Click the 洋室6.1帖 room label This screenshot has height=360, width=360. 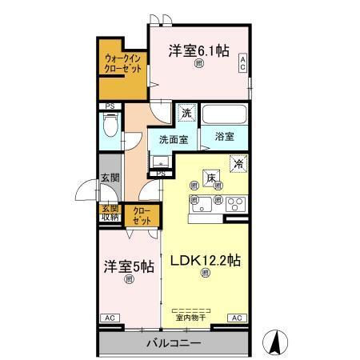(x=198, y=50)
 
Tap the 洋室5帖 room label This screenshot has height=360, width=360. (x=127, y=267)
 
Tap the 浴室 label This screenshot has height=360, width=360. (x=225, y=138)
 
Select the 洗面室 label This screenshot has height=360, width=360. (x=172, y=139)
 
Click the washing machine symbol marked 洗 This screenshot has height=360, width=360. (x=186, y=114)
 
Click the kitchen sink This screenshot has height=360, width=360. (x=200, y=201)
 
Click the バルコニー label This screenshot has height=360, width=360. (x=173, y=344)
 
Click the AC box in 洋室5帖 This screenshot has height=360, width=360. (x=108, y=318)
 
